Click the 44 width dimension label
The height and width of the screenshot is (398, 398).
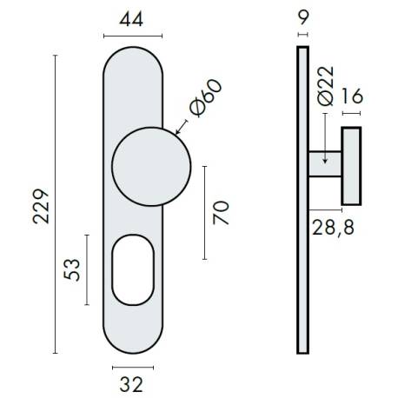point(133,18)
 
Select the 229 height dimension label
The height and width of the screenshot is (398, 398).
point(41,205)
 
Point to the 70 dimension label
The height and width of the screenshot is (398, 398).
point(222,212)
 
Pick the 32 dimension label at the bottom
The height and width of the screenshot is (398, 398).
point(132,382)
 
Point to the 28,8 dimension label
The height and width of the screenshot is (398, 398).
point(332,228)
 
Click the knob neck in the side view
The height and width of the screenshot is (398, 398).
point(324,167)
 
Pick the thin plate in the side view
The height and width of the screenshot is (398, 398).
point(302,200)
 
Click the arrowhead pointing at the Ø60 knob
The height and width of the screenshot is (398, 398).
point(177,133)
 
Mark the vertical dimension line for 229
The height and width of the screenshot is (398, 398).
point(56,204)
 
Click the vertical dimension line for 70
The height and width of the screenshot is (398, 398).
point(205,212)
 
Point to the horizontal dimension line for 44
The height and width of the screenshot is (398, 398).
point(133,36)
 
